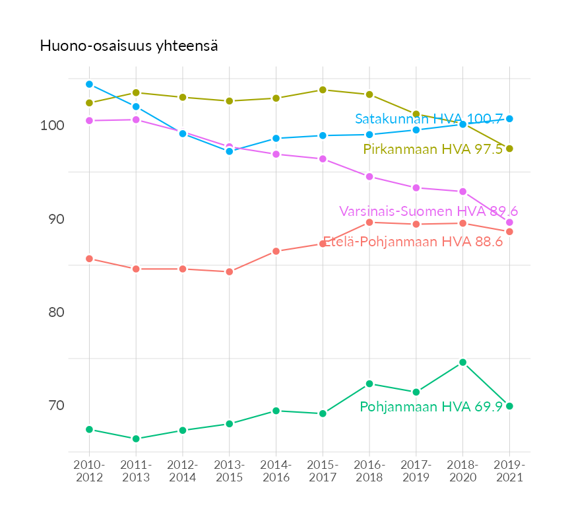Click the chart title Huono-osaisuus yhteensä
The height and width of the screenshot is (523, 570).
click(x=129, y=46)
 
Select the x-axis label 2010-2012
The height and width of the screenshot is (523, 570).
click(x=89, y=471)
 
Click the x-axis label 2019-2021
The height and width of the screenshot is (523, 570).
click(x=509, y=471)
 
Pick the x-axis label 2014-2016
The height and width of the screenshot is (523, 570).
click(x=276, y=471)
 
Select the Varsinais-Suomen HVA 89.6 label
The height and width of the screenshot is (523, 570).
click(x=428, y=211)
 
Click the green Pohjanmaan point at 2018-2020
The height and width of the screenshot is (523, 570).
click(x=462, y=363)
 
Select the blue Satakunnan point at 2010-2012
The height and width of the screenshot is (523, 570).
click(x=89, y=85)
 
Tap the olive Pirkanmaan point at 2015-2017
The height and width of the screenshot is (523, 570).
click(x=323, y=90)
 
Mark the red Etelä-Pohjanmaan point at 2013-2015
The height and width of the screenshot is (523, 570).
click(x=230, y=272)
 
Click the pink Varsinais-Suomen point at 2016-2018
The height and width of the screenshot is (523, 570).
click(x=369, y=177)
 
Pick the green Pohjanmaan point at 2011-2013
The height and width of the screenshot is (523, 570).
click(x=136, y=439)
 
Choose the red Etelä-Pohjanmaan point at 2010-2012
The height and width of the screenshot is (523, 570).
click(x=89, y=259)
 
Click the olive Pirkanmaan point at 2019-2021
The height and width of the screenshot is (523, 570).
click(x=509, y=149)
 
